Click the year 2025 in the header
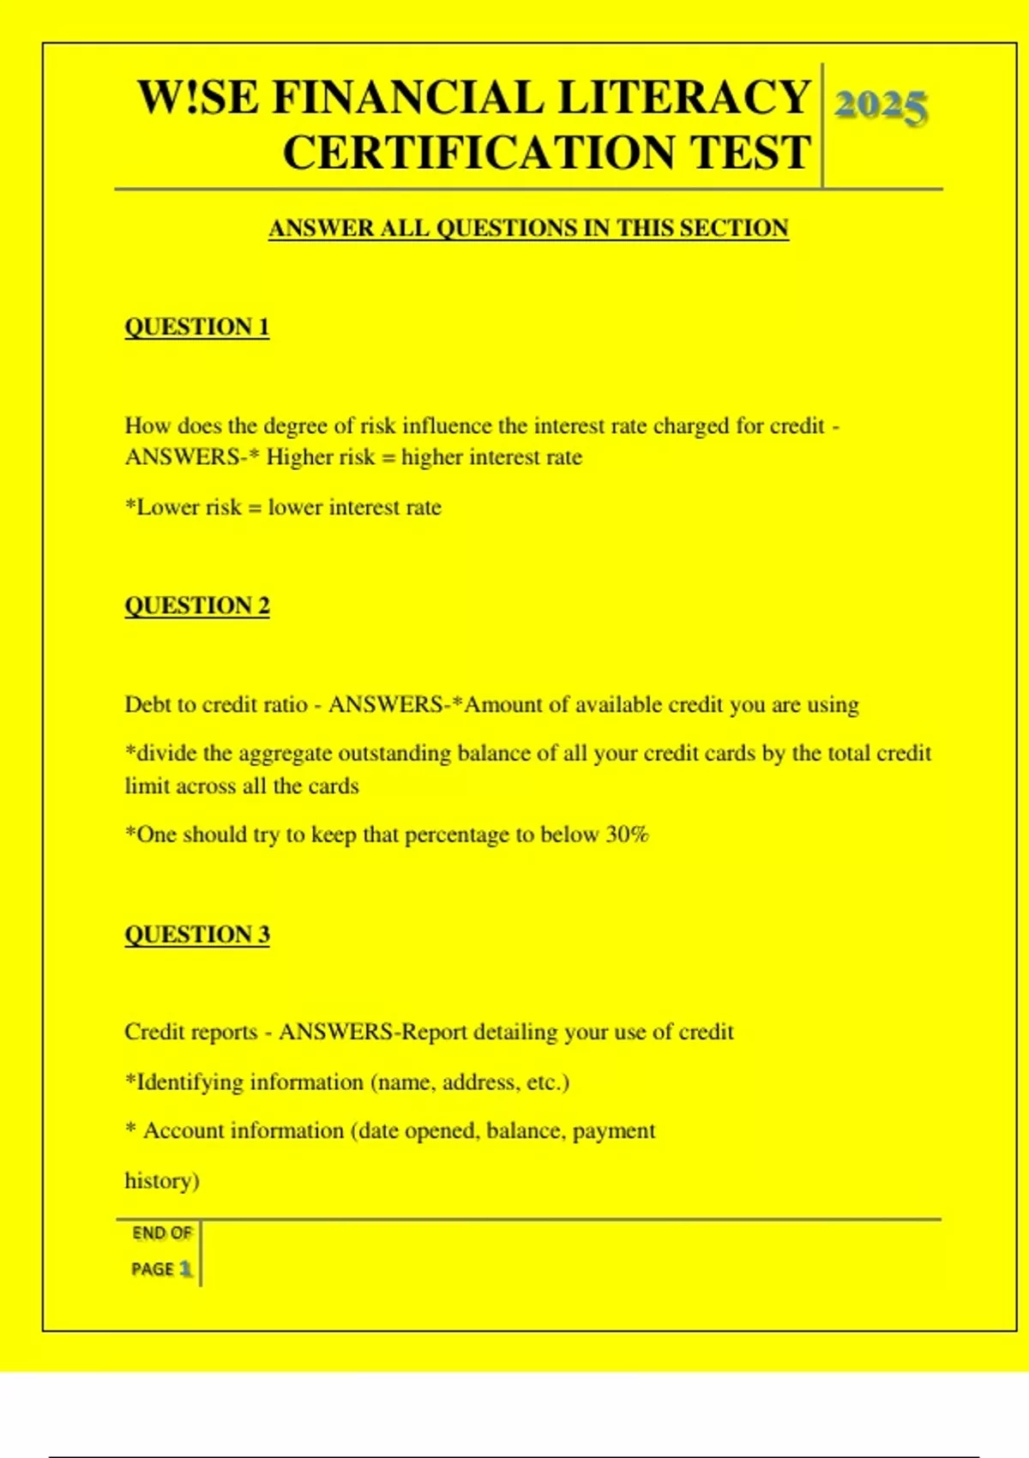tap(881, 107)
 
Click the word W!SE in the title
tap(198, 97)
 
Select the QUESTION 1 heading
tap(197, 327)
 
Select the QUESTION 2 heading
tap(197, 605)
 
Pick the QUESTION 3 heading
tap(197, 934)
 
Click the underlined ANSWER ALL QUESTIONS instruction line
tap(528, 228)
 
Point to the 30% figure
tap(627, 834)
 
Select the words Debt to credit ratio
tap(216, 705)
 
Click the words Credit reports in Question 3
tap(190, 1032)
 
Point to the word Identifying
tap(190, 1082)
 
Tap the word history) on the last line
tap(162, 1181)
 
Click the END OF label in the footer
tap(162, 1233)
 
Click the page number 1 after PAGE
tap(185, 1268)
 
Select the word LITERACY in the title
tap(683, 97)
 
